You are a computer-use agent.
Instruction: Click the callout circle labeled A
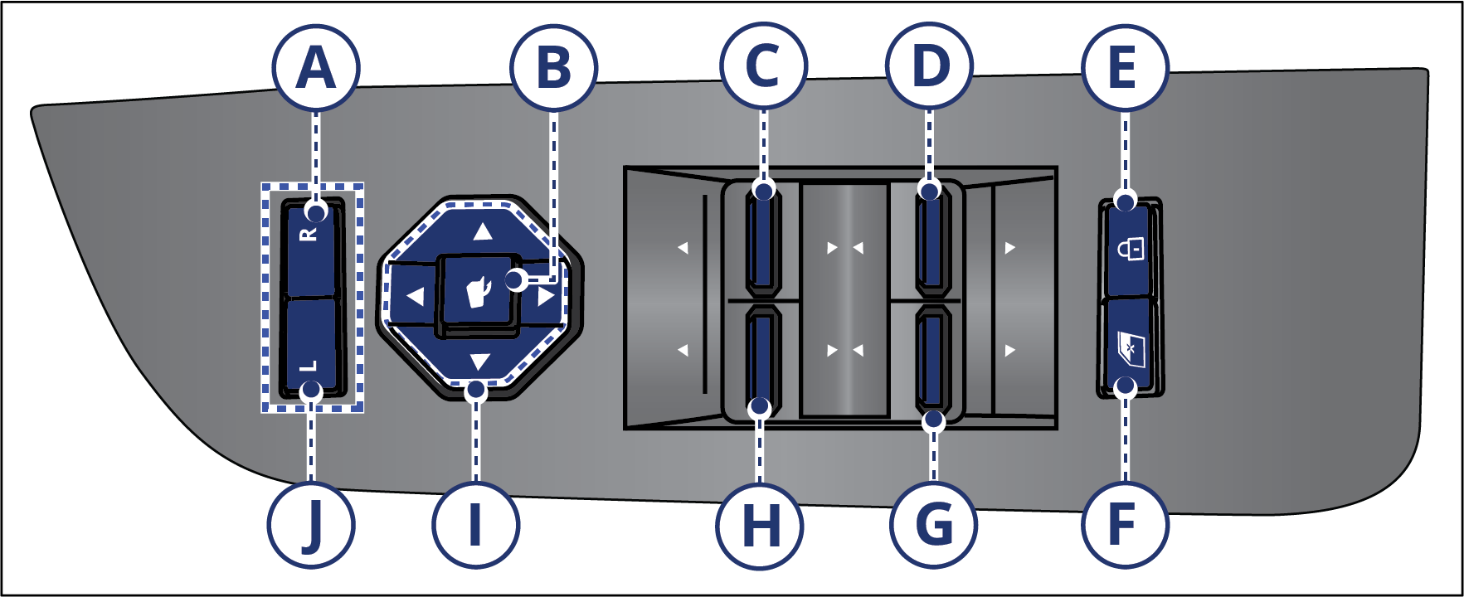[x=316, y=67]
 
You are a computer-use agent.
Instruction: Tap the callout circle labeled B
[x=554, y=67]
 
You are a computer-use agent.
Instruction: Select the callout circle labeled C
[x=763, y=66]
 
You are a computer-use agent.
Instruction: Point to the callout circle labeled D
[x=930, y=66]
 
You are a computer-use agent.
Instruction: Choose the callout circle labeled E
[x=1125, y=67]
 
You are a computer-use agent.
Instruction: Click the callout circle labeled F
[x=1125, y=525]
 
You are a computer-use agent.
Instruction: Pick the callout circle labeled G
[x=933, y=525]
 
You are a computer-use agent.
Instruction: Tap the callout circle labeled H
[x=760, y=525]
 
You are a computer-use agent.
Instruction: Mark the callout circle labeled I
[x=475, y=525]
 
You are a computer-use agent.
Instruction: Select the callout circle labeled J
[x=311, y=525]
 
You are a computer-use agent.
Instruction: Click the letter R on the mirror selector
[x=309, y=235]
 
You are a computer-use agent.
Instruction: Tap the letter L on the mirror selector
[x=308, y=366]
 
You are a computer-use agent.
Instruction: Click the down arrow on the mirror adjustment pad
[x=480, y=362]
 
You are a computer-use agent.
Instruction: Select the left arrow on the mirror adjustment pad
[x=415, y=295]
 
